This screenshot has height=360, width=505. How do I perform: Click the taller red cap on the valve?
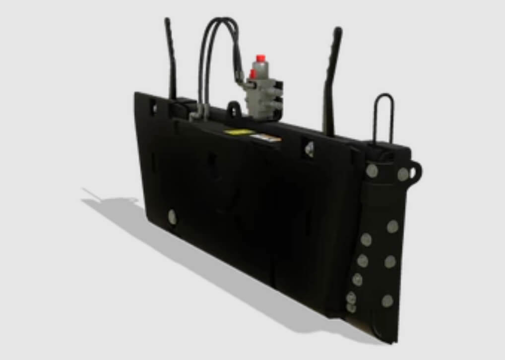(x=259, y=58)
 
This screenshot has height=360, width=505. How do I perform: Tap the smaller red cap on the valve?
(x=252, y=74)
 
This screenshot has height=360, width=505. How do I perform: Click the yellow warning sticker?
(x=239, y=132)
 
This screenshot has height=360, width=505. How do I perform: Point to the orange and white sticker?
(x=265, y=137)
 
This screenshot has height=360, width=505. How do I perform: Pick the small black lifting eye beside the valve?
(x=234, y=109)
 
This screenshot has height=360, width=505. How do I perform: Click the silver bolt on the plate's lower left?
(x=172, y=216)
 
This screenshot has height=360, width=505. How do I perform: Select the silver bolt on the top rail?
(x=310, y=147)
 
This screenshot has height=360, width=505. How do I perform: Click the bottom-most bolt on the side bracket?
(x=351, y=308)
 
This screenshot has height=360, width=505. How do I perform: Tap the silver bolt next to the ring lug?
(x=403, y=174)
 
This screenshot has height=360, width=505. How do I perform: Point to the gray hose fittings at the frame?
(x=197, y=113)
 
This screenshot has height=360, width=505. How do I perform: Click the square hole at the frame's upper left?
(x=153, y=107)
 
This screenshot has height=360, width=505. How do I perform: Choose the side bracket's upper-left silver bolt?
(x=371, y=171)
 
